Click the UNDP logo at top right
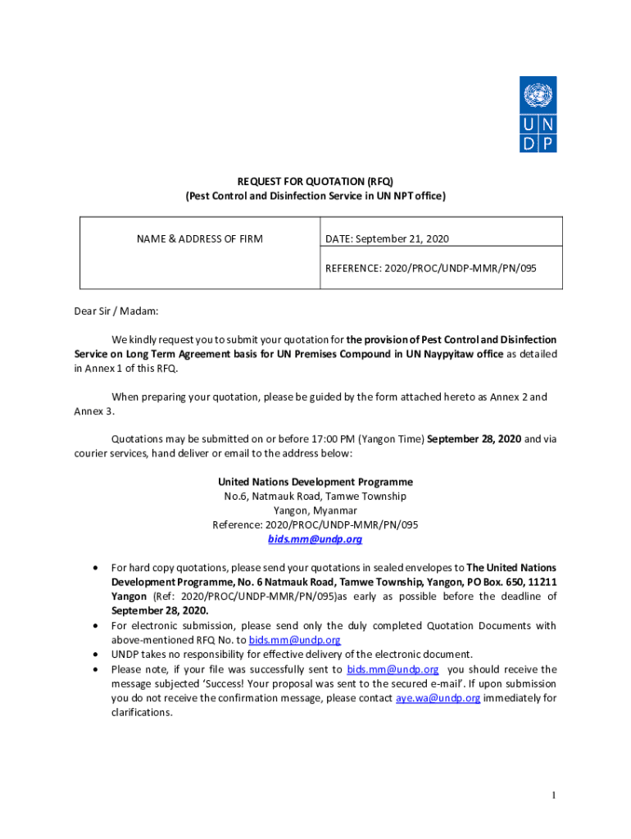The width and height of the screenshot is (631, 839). click(538, 114)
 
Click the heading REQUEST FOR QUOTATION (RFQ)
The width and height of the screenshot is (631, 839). click(315, 181)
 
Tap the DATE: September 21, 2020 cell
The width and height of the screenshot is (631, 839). click(387, 239)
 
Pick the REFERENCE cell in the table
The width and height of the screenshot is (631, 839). click(431, 268)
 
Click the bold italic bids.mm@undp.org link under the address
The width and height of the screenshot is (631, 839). click(315, 540)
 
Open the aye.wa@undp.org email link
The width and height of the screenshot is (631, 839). click(438, 698)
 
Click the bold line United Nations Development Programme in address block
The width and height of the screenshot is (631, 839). click(315, 482)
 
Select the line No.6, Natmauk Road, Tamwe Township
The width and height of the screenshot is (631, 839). click(315, 497)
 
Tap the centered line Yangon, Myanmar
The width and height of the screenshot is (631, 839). click(315, 510)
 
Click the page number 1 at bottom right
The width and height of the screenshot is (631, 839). click(554, 796)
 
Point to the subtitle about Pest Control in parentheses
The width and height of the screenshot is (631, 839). click(315, 197)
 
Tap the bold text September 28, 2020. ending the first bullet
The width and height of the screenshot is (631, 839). click(160, 610)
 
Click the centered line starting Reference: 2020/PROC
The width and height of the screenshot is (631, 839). click(315, 525)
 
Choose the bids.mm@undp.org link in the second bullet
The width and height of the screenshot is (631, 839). click(294, 640)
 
